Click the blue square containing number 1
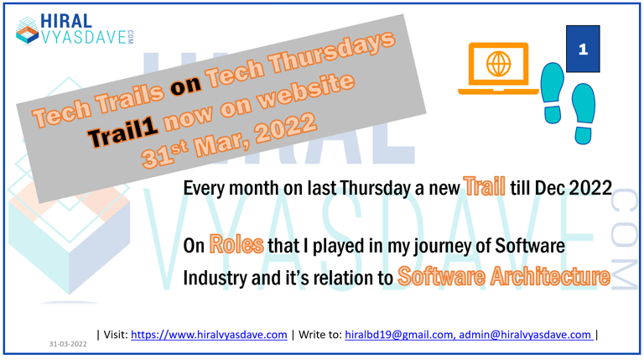584,50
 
